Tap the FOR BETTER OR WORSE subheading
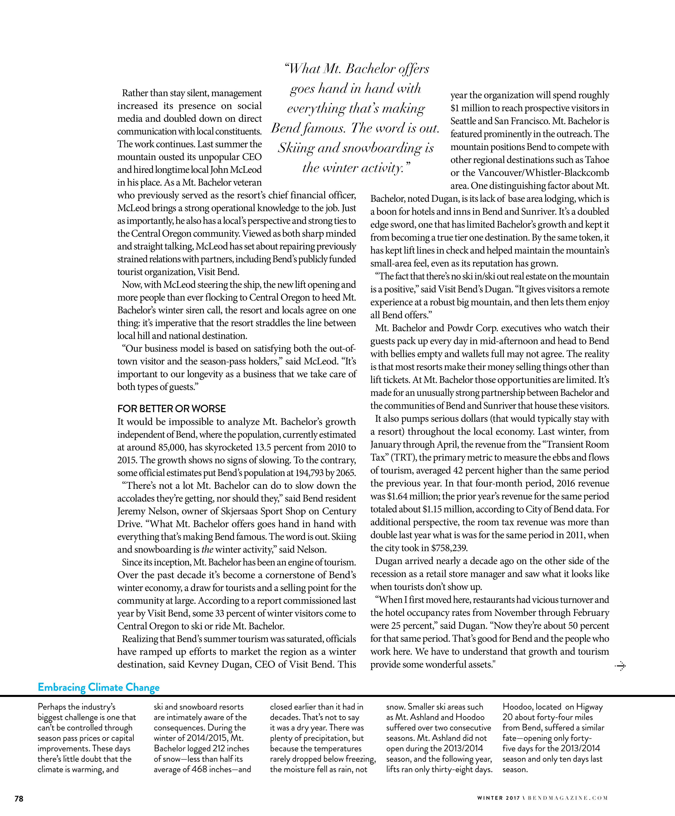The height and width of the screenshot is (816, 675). pyautogui.click(x=171, y=409)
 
